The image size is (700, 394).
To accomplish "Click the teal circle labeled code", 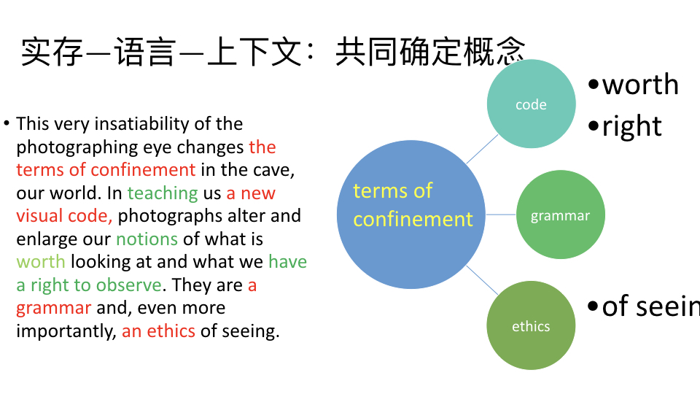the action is tap(531, 104).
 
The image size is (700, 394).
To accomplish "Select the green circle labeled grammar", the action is tap(560, 215).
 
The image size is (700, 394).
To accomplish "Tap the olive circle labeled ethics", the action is tap(531, 325).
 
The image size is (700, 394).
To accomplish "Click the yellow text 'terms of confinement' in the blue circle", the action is tap(413, 204).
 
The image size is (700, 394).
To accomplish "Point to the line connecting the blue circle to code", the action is tap(482, 149).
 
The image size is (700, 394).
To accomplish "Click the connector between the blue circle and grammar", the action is tap(501, 215).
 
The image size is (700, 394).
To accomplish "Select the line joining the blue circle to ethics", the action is tap(482, 280).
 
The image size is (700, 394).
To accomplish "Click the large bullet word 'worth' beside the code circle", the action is tap(640, 84).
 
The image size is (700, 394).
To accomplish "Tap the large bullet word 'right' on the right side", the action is tap(631, 126).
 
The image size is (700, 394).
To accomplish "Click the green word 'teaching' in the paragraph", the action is tap(163, 193).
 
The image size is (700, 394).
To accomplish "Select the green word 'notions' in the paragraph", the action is tap(147, 239).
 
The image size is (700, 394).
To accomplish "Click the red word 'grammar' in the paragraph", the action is tap(53, 309).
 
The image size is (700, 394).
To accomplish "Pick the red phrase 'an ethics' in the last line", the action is tap(158, 331).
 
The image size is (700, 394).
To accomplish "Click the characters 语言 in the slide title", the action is tap(144, 52).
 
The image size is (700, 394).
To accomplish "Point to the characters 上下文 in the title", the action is tap(254, 52).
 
